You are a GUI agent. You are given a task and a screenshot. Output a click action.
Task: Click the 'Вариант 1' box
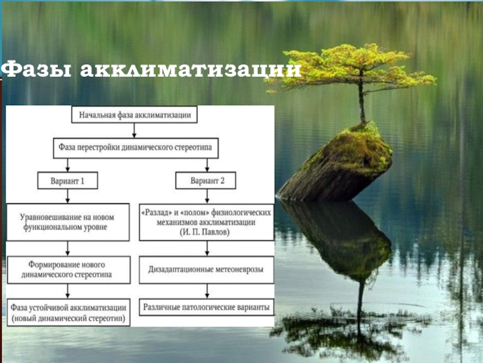pyautogui.click(x=68, y=180)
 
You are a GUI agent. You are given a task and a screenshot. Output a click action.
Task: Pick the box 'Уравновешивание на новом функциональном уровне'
pyautogui.click(x=68, y=222)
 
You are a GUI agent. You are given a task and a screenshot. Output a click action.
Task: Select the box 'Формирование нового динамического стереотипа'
pyautogui.click(x=68, y=270)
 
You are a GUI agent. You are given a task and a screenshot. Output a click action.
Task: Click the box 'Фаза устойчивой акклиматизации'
pyautogui.click(x=68, y=312)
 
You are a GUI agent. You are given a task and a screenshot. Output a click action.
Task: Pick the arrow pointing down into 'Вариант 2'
pyautogui.click(x=206, y=166)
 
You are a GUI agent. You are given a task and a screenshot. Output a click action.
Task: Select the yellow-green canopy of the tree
pyautogui.click(x=356, y=67)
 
